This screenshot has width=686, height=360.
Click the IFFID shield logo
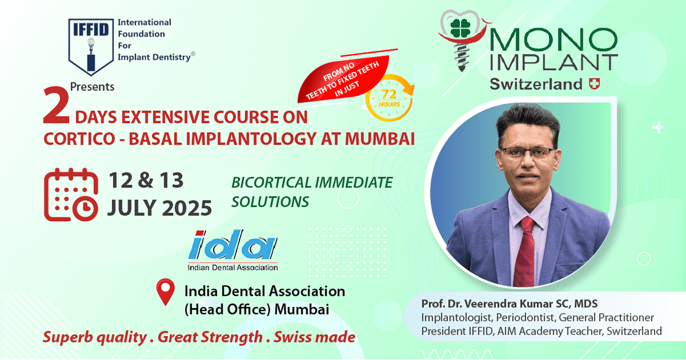[x=91, y=46]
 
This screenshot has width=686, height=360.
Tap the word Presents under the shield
[x=92, y=87]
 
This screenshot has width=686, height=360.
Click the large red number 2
[x=57, y=105]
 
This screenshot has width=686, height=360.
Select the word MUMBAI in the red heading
[x=380, y=139]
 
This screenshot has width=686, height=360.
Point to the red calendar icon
[x=71, y=195]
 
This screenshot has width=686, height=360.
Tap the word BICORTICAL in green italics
[x=271, y=183]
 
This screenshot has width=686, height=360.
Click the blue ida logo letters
[x=233, y=245]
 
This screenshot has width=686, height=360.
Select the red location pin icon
[x=165, y=292]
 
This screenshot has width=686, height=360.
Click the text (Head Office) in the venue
[x=228, y=310]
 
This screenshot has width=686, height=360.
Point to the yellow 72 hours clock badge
[x=389, y=98]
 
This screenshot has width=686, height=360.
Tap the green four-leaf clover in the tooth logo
[x=460, y=29]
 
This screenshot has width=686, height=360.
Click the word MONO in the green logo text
[x=554, y=40]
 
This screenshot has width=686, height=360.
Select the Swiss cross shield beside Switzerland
[x=595, y=84]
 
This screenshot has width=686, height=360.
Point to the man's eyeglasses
[x=527, y=153]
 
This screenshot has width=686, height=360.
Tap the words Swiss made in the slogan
[x=314, y=337]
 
